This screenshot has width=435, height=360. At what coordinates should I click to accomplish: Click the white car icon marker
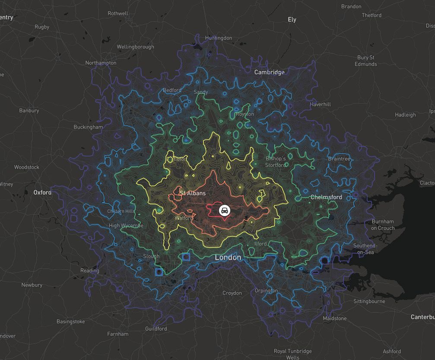224,211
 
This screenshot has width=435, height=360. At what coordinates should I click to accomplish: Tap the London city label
228,258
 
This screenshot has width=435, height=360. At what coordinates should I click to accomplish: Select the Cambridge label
269,72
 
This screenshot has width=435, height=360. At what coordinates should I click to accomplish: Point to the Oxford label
42,192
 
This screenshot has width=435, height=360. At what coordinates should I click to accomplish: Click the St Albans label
193,193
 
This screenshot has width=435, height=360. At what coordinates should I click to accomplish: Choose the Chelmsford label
326,197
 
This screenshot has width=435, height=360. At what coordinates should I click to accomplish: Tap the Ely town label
292,19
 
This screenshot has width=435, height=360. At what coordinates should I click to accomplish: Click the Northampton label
101,63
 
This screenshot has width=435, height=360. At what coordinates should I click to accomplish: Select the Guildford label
156,328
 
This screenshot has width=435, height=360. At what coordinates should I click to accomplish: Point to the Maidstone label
334,319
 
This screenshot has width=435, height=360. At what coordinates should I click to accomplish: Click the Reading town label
89,271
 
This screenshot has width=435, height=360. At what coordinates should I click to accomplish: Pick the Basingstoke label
71,322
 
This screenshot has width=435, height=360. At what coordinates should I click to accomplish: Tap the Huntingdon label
219,38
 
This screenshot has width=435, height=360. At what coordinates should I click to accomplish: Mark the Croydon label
232,293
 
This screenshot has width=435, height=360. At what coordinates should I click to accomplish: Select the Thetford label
371,15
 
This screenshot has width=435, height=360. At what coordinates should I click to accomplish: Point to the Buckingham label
88,127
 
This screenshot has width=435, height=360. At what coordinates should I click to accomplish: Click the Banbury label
29,111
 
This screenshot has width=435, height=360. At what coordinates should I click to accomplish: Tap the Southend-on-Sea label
365,249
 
